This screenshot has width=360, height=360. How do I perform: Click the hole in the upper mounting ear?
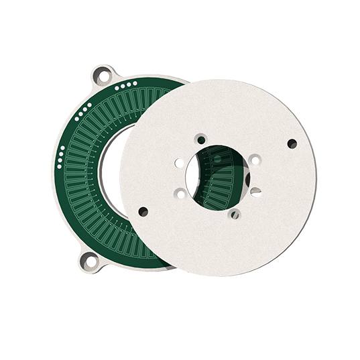pos(103,76)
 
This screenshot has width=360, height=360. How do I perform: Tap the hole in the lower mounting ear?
pos(88,259)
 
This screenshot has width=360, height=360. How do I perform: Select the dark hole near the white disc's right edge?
pos(292,143)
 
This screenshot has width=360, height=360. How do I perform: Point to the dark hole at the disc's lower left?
pos(143,212)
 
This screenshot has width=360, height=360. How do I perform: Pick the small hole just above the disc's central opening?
pos(201,140)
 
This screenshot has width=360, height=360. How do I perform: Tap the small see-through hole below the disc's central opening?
pos(234,215)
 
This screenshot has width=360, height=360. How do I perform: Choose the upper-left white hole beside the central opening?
pos(180,162)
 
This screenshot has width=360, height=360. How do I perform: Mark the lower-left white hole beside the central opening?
pos(180,194)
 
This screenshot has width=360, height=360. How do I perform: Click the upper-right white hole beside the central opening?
pos(255,160)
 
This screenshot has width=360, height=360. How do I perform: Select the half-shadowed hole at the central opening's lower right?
pos(255,191)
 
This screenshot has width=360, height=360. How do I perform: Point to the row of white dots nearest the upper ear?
pos(126,85)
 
